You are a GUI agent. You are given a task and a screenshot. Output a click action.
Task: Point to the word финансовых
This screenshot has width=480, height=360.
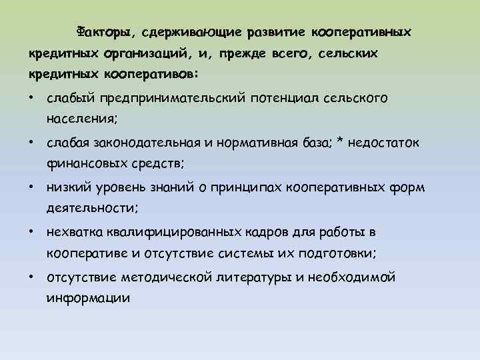(79, 163)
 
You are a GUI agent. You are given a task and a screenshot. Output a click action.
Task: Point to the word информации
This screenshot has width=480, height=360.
(87, 297)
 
